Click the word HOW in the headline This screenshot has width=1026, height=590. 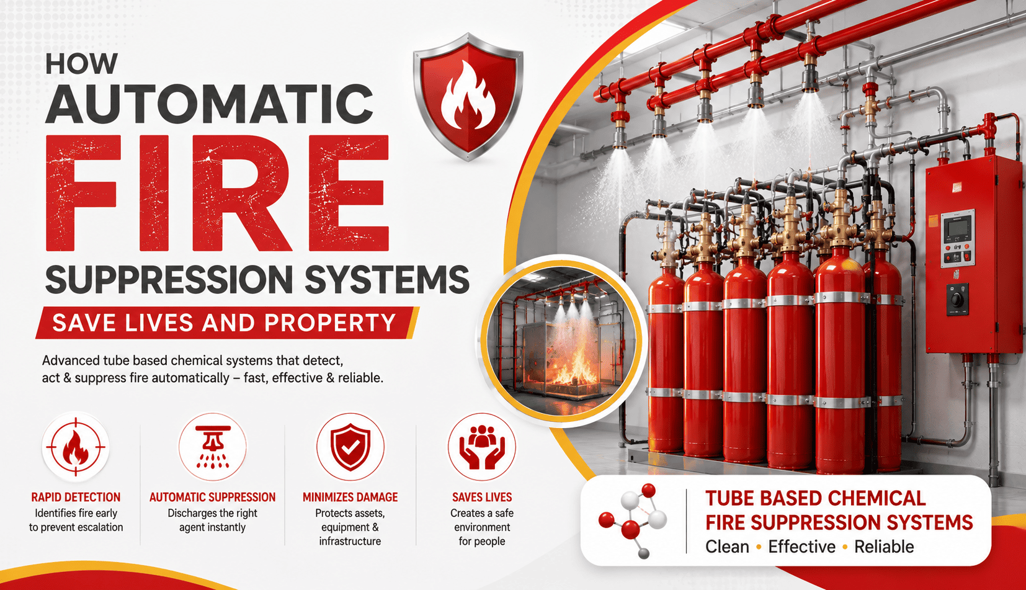pyautogui.click(x=81, y=63)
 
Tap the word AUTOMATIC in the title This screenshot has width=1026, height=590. pyautogui.click(x=209, y=104)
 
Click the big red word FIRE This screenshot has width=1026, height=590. pyautogui.click(x=217, y=193)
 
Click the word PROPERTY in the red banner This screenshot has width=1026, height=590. pyautogui.click(x=330, y=323)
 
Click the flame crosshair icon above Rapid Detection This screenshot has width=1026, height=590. pyautogui.click(x=76, y=447)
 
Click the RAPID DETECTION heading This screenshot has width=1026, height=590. pyautogui.click(x=76, y=497)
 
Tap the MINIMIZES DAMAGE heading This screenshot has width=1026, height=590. pyautogui.click(x=350, y=497)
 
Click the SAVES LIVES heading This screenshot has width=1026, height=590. pyautogui.click(x=482, y=497)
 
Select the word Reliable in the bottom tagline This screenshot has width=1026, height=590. pyautogui.click(x=884, y=547)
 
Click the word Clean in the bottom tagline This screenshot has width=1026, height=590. pyautogui.click(x=727, y=547)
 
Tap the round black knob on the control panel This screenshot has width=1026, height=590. pyautogui.click(x=956, y=300)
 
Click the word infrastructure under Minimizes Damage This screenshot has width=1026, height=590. pyautogui.click(x=350, y=542)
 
